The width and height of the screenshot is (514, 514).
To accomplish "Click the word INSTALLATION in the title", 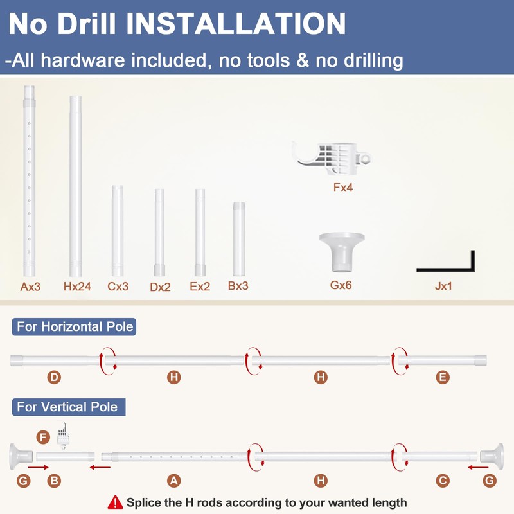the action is (236, 24).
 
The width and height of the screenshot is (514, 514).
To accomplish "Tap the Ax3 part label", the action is (30, 287).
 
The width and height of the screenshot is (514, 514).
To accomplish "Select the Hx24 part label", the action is (77, 287).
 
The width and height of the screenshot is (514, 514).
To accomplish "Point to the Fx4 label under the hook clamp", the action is (343, 188).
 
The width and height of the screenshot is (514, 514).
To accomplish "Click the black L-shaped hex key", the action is (459, 269).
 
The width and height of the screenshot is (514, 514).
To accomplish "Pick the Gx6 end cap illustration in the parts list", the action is (342, 252).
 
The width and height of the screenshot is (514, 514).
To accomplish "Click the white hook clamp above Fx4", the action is (332, 158).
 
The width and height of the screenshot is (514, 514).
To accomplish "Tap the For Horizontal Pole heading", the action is (74, 327).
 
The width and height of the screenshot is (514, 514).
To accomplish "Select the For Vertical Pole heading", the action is (69, 407).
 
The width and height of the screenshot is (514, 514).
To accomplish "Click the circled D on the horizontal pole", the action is (54, 377).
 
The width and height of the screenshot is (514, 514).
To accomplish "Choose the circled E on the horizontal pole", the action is (443, 377).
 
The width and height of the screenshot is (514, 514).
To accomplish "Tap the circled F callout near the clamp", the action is (43, 437).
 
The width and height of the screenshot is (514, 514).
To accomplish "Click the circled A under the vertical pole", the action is (173, 481).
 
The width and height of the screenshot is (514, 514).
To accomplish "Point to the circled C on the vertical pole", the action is (443, 481).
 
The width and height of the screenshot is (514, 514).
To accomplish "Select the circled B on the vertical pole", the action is (54, 481).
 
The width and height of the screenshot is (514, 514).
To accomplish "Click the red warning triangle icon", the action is (115, 502).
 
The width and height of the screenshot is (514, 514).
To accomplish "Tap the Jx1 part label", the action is (443, 286).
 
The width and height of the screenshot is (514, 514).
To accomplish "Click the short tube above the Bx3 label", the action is (239, 239).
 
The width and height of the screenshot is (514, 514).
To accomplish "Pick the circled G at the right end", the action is (490, 481).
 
